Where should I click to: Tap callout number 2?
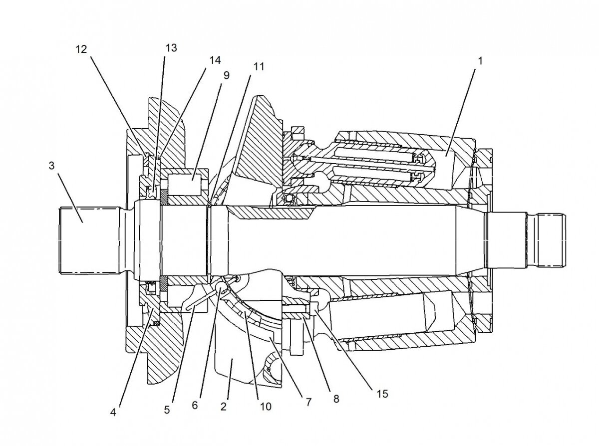click(223, 406)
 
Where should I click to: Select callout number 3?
click(51, 165)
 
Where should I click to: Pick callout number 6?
click(195, 405)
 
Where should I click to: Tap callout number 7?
click(308, 402)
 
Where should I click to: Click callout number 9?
click(226, 76)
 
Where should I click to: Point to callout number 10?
click(265, 407)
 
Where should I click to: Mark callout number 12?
click(81, 49)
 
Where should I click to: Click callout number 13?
click(171, 48)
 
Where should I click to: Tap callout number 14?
click(215, 60)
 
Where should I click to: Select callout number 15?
click(382, 394)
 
